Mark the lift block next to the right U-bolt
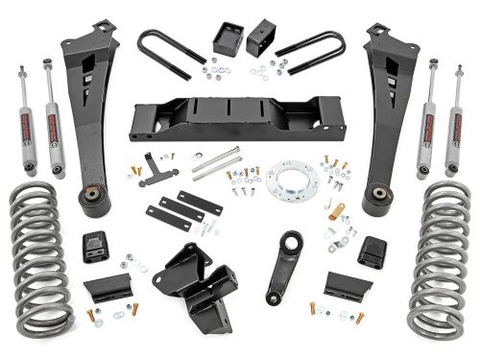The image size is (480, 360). click(260, 39)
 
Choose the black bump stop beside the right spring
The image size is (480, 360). click(372, 251)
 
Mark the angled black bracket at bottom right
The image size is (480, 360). click(342, 286)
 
